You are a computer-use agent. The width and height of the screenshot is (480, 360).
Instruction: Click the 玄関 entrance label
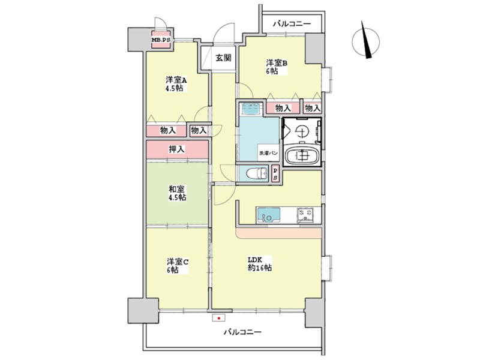pos(223,58)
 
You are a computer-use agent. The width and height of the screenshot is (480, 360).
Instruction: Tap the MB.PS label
pos(161,40)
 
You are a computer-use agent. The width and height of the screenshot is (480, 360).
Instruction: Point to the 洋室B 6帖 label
pos(277,67)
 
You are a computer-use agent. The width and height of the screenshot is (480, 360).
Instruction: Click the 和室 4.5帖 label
pos(177,193)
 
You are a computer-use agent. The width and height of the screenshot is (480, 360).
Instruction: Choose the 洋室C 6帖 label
pos(177,266)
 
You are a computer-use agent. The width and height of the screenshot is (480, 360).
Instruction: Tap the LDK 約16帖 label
pos(260,263)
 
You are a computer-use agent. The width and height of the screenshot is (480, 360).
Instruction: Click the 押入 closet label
pos(177,149)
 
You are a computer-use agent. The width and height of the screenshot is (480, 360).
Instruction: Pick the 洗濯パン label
pos(268,153)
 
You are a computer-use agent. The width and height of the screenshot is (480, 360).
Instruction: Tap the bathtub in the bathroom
pos(302,156)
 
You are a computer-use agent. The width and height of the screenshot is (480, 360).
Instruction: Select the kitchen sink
pos(269,215)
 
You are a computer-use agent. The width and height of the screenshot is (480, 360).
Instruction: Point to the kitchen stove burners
pos(305,214)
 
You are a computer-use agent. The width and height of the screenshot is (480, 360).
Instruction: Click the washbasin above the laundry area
pos(251,107)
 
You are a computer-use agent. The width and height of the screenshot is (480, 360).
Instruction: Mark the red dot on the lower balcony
pos(218,319)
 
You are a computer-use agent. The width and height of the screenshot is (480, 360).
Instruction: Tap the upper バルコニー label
pos(292,23)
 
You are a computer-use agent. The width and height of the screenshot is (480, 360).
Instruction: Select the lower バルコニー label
pos(242,332)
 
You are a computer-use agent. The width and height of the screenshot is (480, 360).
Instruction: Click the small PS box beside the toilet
pos(275,174)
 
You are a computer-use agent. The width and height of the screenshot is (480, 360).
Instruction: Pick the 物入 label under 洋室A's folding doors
pos(168,130)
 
